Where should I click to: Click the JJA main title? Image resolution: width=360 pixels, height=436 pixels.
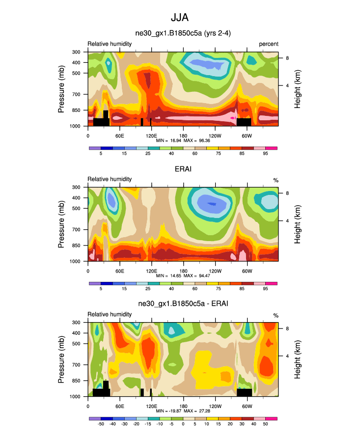[x=179, y=18]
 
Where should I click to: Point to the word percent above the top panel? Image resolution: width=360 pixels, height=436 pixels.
[x=269, y=44]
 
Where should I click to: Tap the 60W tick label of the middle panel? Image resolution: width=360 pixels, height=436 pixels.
[x=247, y=271]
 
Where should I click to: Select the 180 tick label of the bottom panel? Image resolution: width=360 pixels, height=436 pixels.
[x=183, y=407]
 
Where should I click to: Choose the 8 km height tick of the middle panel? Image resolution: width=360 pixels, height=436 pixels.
[x=288, y=193]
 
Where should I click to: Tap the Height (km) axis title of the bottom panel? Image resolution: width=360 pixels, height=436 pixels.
[x=298, y=359]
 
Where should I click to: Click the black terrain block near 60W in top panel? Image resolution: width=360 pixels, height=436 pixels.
[x=244, y=122]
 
